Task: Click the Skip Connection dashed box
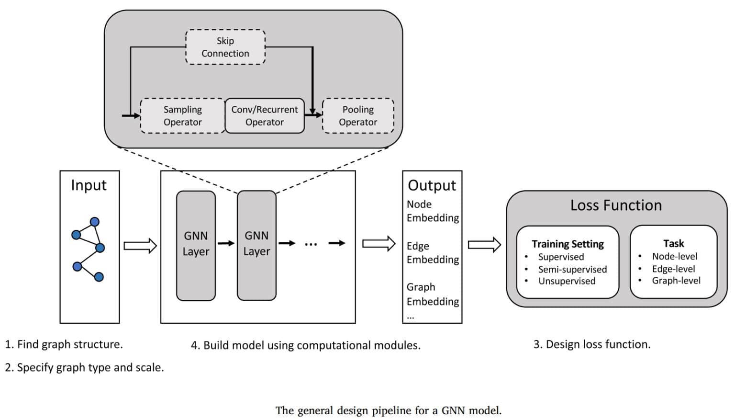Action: point(225,47)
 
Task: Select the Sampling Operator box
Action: point(182,116)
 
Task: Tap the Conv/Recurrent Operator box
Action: point(264,116)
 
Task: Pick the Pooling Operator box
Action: point(358,116)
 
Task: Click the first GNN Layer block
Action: point(196,245)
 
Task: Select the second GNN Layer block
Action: point(256,245)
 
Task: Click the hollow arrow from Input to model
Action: point(140,246)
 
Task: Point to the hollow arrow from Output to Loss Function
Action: point(484,245)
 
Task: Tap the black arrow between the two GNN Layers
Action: point(226,243)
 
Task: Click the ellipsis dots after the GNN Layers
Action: point(311,244)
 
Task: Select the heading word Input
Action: point(89,185)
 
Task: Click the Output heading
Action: point(432,185)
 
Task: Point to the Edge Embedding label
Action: point(432,252)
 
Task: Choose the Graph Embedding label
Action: point(432,294)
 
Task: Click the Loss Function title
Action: point(616,205)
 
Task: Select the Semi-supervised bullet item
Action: point(572,269)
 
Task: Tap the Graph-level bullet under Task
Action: point(676,281)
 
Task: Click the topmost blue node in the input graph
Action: point(95,222)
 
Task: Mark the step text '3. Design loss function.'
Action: point(592,344)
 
